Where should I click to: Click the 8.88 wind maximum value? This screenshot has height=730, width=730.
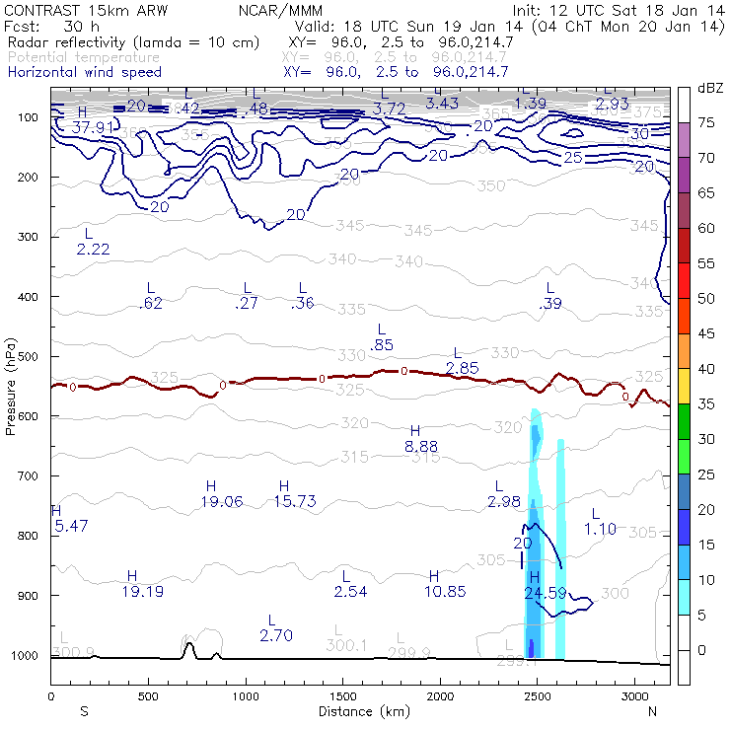(421, 447)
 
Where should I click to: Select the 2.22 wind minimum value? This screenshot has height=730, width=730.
(93, 249)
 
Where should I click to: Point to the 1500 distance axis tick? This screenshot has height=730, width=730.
(341, 695)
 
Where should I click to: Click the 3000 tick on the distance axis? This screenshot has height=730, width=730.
(632, 695)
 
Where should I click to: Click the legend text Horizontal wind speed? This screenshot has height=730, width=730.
(84, 72)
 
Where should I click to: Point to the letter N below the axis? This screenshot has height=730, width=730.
(653, 711)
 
